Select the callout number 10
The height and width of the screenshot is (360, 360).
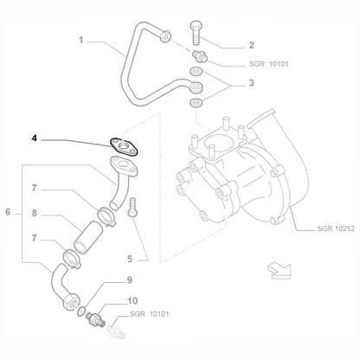[131, 300]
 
